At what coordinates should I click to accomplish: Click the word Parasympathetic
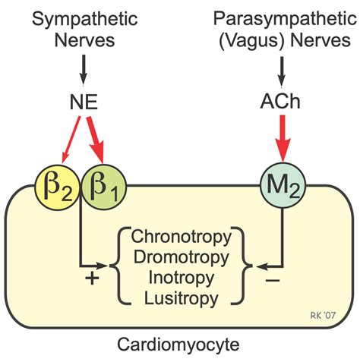pos(283,17)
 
